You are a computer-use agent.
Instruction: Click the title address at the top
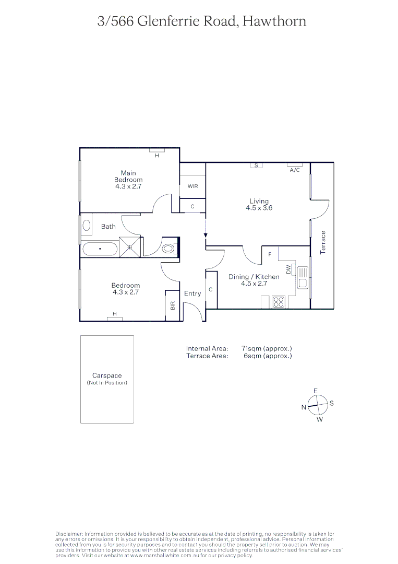click(201, 21)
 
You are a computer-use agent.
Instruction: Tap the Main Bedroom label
click(128, 176)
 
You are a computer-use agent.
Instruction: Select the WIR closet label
click(192, 186)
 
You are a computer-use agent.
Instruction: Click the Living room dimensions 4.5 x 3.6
click(259, 208)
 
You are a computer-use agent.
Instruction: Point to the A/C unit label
click(294, 170)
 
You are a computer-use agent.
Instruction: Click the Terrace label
click(323, 242)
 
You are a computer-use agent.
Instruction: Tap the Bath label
click(108, 227)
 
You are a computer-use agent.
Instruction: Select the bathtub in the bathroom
click(100, 249)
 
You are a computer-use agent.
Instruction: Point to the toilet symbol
click(169, 249)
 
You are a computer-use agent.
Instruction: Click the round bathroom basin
click(87, 226)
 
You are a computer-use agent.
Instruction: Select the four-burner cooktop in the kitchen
click(279, 302)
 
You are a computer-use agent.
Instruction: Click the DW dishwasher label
click(288, 269)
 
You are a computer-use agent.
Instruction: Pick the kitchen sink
click(303, 277)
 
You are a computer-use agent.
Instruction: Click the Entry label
click(192, 293)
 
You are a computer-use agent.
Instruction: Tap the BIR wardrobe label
click(173, 305)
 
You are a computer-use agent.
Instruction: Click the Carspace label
click(107, 375)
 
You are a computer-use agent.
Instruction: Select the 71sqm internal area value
click(267, 348)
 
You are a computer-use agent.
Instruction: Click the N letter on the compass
click(304, 407)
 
